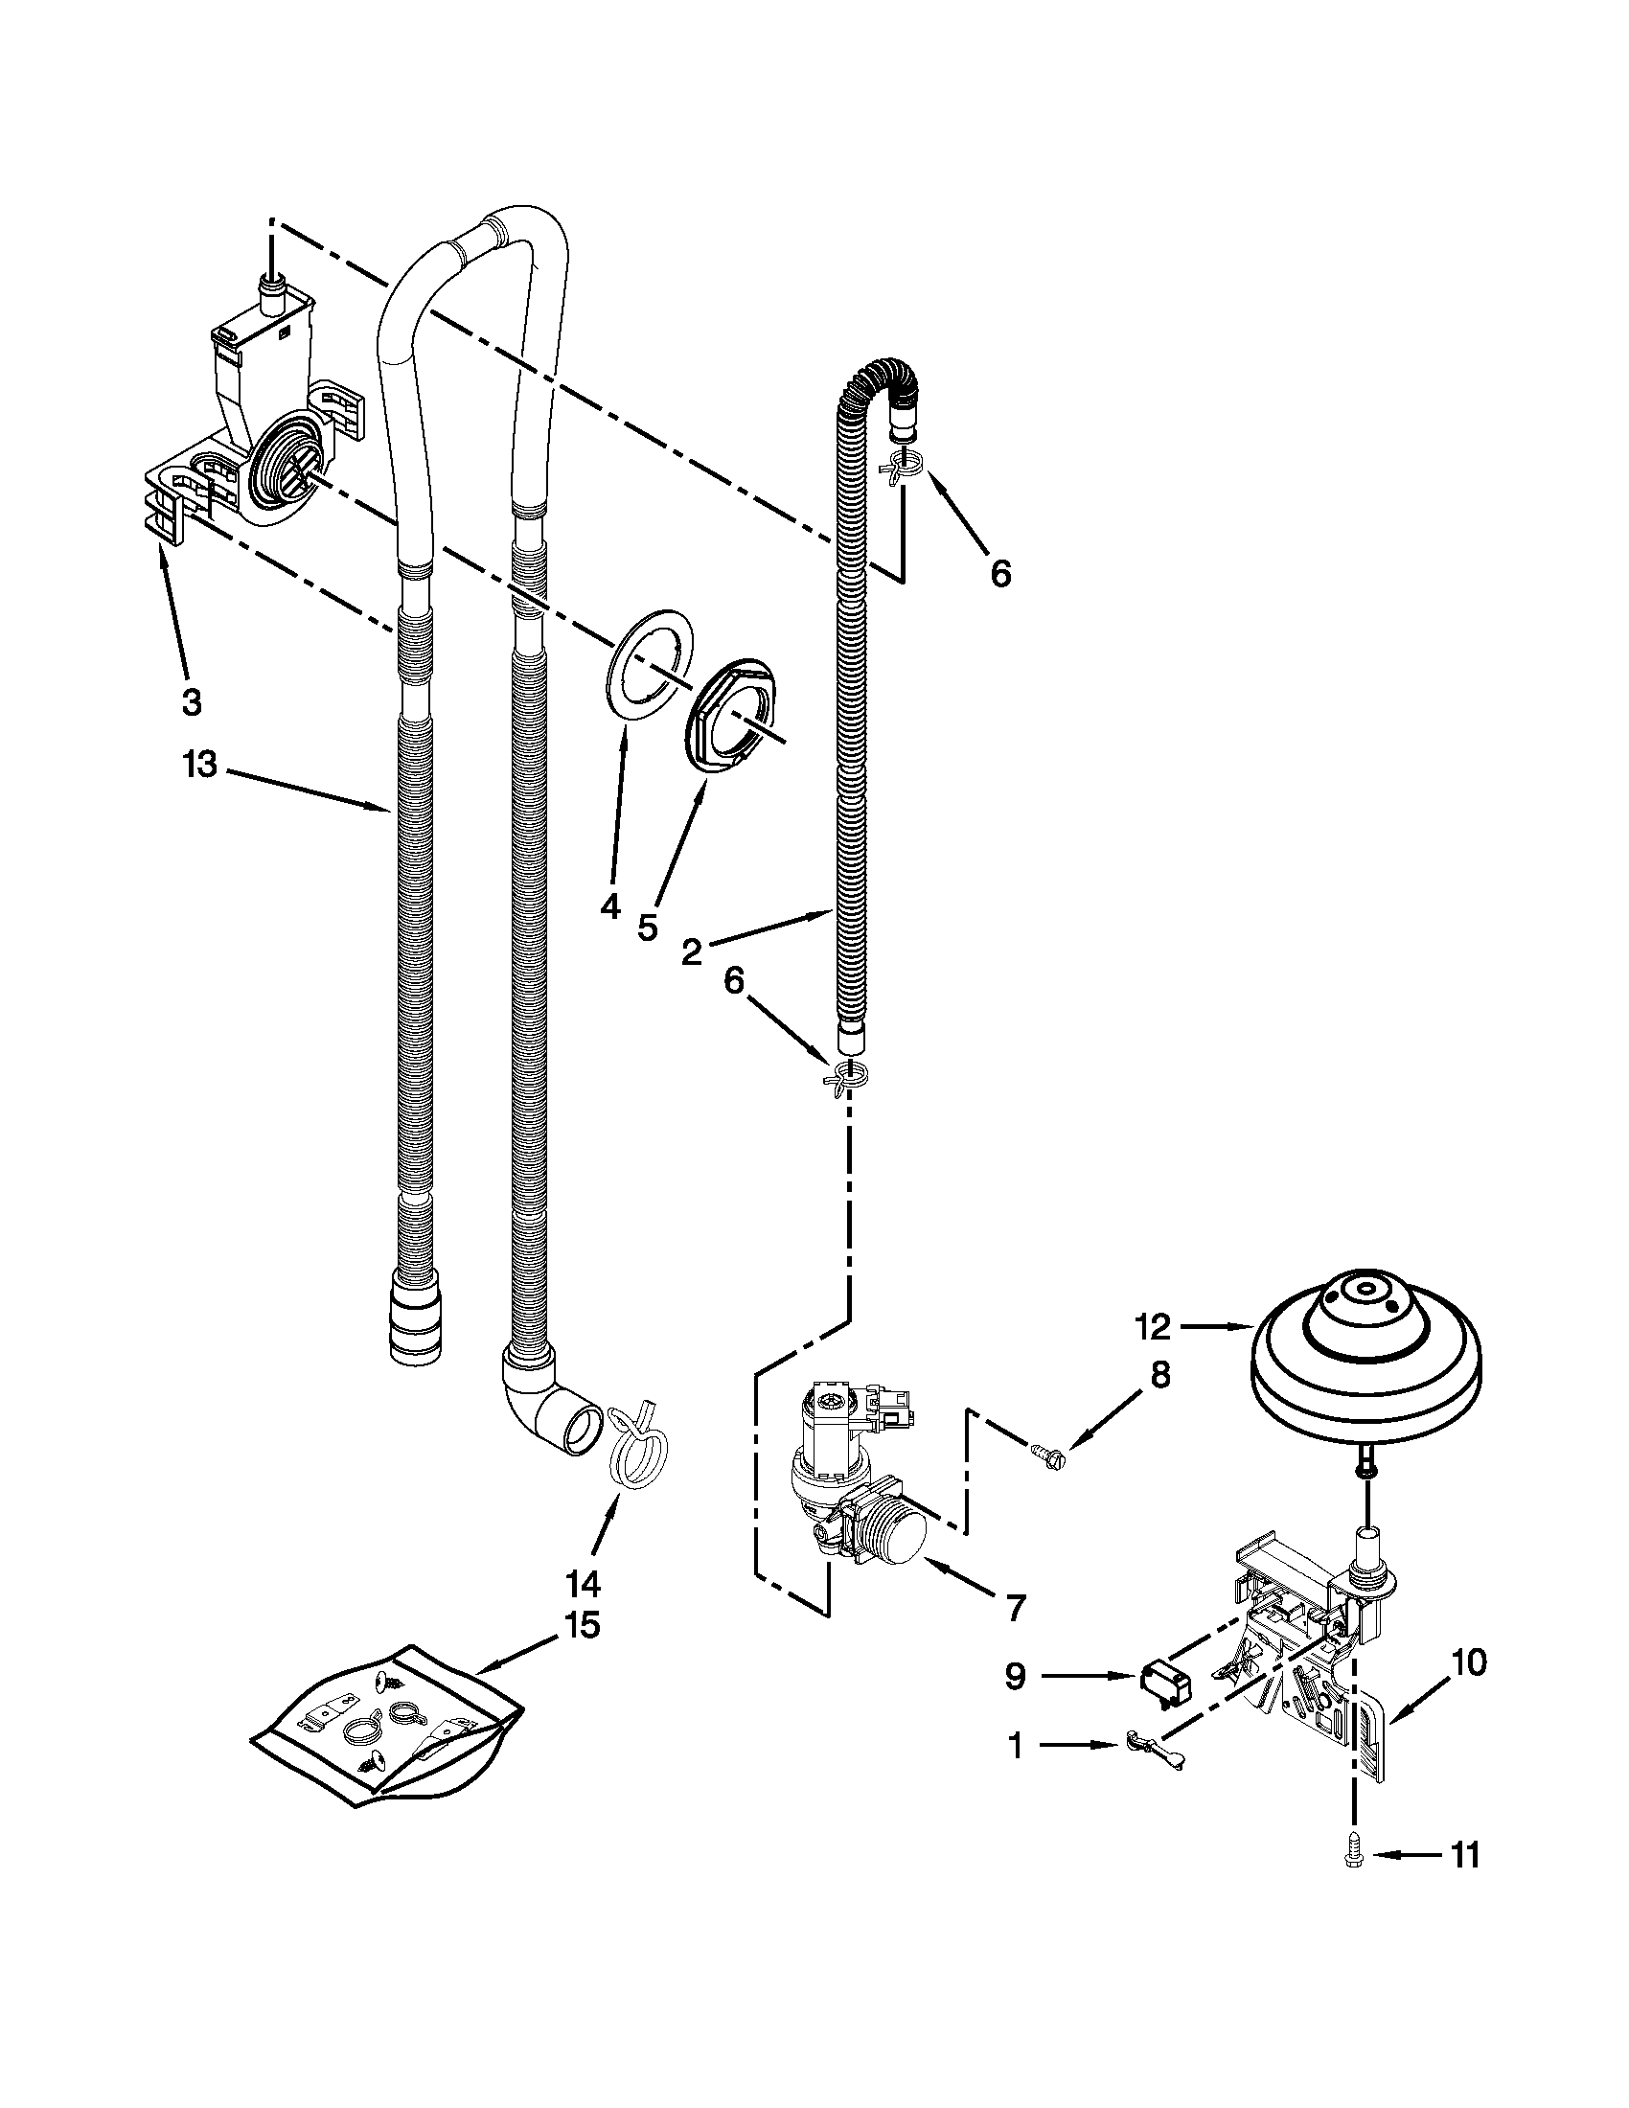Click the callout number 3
(x=191, y=701)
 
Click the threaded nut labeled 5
(x=735, y=716)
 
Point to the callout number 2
(x=693, y=952)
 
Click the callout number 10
(x=1467, y=1663)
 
